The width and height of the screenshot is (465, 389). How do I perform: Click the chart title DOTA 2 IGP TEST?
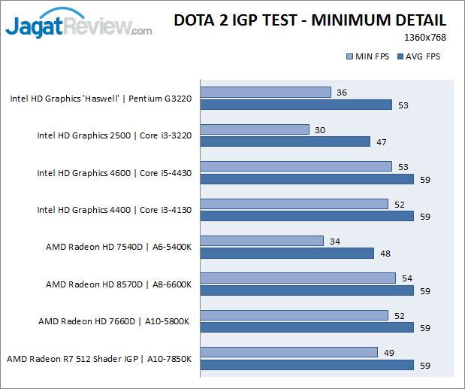pyautogui.click(x=309, y=20)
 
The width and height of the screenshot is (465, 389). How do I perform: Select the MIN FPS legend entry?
pyautogui.click(x=367, y=56)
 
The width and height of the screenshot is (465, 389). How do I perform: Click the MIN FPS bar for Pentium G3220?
pyautogui.click(x=266, y=92)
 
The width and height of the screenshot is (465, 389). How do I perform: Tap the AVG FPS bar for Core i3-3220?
pyautogui.click(x=285, y=141)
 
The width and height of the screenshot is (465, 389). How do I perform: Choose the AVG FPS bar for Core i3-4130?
pyautogui.click(x=307, y=216)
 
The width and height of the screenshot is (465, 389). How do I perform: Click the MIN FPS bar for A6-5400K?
pyautogui.click(x=262, y=241)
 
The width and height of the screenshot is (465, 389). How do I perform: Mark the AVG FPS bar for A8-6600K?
pyautogui.click(x=307, y=290)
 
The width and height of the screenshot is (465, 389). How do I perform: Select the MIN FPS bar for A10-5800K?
pyautogui.click(x=294, y=315)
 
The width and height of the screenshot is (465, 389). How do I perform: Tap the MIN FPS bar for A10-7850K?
pyautogui.click(x=289, y=352)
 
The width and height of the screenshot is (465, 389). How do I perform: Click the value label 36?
pyautogui.click(x=342, y=93)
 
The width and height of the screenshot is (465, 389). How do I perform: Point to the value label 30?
pyautogui.click(x=319, y=129)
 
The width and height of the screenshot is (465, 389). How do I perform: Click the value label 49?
pyautogui.click(x=388, y=352)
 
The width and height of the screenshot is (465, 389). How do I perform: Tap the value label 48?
pyautogui.click(x=385, y=254)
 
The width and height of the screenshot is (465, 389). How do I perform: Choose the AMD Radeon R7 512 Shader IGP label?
pyautogui.click(x=99, y=358)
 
